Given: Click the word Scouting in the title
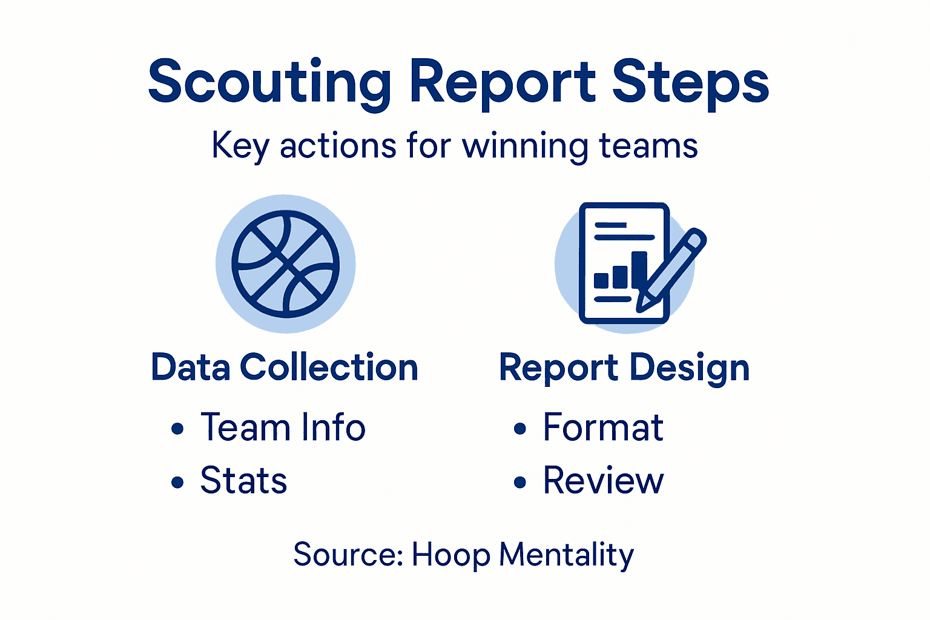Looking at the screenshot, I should pyautogui.click(x=269, y=82).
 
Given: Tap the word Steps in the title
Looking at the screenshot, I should pyautogui.click(x=690, y=82).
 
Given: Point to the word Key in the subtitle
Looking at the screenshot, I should pyautogui.click(x=240, y=147).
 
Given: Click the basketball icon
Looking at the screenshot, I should pyautogui.click(x=286, y=264).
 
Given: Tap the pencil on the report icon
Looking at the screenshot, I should pyautogui.click(x=672, y=269).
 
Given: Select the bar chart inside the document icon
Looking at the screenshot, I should pyautogui.click(x=621, y=271).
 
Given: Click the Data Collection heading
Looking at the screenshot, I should pyautogui.click(x=285, y=368).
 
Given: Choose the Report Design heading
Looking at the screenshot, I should pyautogui.click(x=624, y=368).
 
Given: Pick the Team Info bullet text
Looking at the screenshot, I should pyautogui.click(x=283, y=427).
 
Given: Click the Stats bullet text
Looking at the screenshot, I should pyautogui.click(x=243, y=481).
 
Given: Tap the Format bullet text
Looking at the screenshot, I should pyautogui.click(x=603, y=427).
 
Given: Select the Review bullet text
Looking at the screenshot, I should pyautogui.click(x=603, y=481).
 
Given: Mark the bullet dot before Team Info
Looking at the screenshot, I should pyautogui.click(x=177, y=429).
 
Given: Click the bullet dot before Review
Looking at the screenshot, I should pyautogui.click(x=520, y=483).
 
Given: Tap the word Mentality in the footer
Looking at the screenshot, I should pyautogui.click(x=566, y=555).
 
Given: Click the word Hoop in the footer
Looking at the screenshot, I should pyautogui.click(x=451, y=555).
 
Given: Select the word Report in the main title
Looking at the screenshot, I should pyautogui.click(x=503, y=82).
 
